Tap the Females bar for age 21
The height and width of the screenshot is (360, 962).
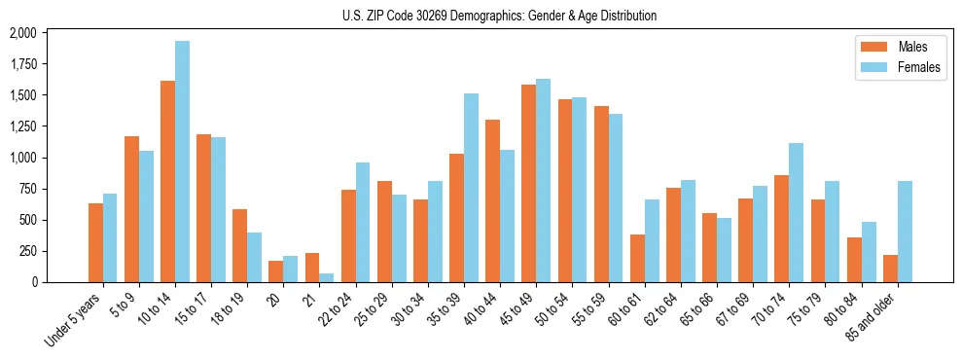pos(327,277)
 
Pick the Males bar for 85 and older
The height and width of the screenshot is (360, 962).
pos(890,269)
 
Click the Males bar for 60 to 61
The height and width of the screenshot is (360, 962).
pos(637,258)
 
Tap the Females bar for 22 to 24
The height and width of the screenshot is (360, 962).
pos(363,222)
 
